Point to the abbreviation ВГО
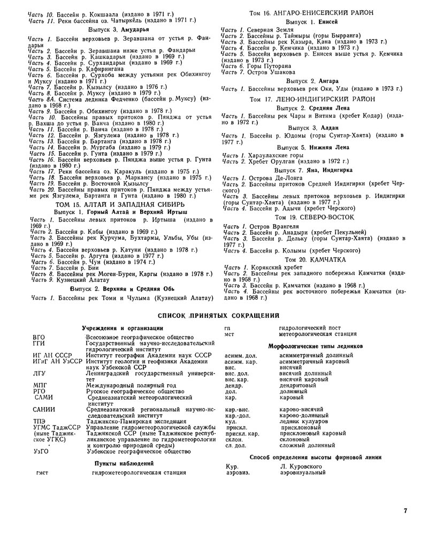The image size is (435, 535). pyautogui.click(x=39, y=337)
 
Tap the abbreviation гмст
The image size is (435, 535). pyautogui.click(x=40, y=472)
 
